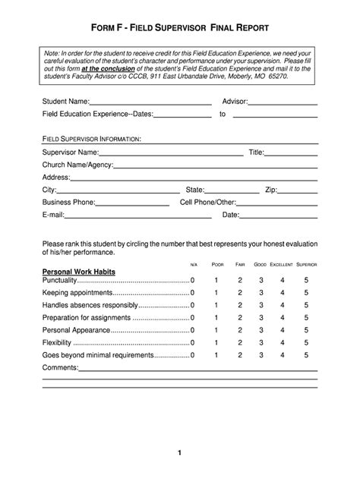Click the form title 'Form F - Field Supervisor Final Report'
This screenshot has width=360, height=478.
pos(180,28)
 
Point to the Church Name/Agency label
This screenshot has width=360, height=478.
pos(77,165)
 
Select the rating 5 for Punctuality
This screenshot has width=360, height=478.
pos(306,281)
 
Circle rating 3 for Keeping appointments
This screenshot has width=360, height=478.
pos(261,293)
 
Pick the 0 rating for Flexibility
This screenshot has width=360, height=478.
pos(193,342)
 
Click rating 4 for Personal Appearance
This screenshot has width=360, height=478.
pos(283,330)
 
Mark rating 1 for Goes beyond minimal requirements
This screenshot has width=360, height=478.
pos(216,354)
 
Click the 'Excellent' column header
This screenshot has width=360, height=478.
pos(281,263)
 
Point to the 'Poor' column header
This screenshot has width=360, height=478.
pos(218,263)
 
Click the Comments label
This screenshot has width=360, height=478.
pos(60,367)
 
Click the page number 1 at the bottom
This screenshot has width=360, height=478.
pos(180,453)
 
